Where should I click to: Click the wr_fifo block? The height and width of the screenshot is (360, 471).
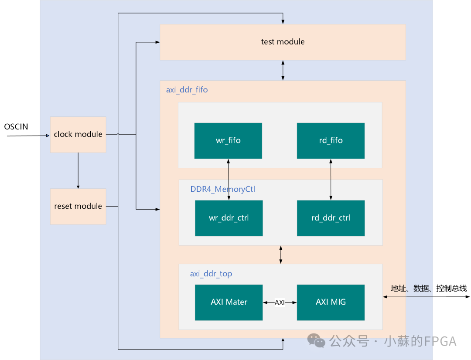pyautogui.click(x=228, y=140)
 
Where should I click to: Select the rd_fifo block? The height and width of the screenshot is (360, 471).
pyautogui.click(x=331, y=140)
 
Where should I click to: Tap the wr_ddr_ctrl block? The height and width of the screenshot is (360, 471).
pyautogui.click(x=229, y=218)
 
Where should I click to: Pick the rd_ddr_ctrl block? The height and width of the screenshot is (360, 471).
pyautogui.click(x=331, y=218)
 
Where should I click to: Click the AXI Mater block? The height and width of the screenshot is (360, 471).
pyautogui.click(x=229, y=302)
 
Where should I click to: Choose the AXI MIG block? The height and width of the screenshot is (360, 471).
pyautogui.click(x=331, y=302)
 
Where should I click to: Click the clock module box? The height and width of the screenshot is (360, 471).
pyautogui.click(x=78, y=134)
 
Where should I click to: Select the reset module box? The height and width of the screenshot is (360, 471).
pyautogui.click(x=78, y=206)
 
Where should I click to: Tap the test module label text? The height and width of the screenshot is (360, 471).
pyautogui.click(x=283, y=42)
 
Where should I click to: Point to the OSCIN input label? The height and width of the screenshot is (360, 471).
pyautogui.click(x=16, y=127)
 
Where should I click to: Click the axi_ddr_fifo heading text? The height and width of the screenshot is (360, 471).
pyautogui.click(x=187, y=90)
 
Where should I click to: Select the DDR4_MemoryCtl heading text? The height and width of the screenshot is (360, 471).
pyautogui.click(x=222, y=189)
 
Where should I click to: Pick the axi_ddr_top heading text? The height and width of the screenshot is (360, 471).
pyautogui.click(x=211, y=274)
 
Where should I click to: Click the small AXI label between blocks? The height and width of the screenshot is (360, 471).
pyautogui.click(x=280, y=302)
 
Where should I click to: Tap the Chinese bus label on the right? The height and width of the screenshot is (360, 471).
pyautogui.click(x=428, y=289)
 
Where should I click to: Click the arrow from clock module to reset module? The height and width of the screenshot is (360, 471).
pyautogui.click(x=78, y=170)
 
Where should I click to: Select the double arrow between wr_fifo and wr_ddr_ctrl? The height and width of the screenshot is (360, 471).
pyautogui.click(x=229, y=179)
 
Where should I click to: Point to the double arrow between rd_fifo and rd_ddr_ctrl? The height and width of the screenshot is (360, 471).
pyautogui.click(x=331, y=179)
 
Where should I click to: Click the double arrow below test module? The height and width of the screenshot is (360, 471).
pyautogui.click(x=283, y=70)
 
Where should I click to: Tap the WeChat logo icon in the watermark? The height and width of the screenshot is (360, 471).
pyautogui.click(x=317, y=341)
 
